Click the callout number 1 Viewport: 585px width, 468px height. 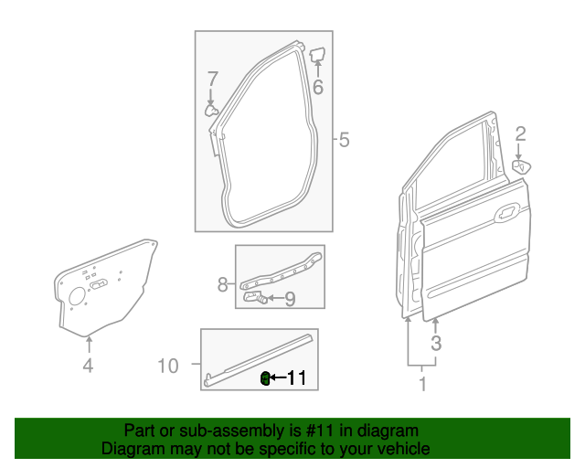coord(422,384)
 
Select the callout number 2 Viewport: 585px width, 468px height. coord(520,135)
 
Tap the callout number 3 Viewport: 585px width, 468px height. coord(436,344)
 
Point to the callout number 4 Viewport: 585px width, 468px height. coord(88,367)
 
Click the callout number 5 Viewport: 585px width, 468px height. coord(344,141)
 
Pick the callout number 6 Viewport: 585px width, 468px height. coord(317,88)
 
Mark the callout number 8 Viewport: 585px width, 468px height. coord(222,285)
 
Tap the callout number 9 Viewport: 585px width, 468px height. coord(289,298)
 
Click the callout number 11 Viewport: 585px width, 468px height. coord(297,378)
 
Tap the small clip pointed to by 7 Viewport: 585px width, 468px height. coord(211,111)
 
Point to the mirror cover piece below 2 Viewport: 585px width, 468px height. coord(522,165)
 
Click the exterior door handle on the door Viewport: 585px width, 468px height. coord(504,217)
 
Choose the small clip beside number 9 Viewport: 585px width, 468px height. coord(256,297)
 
